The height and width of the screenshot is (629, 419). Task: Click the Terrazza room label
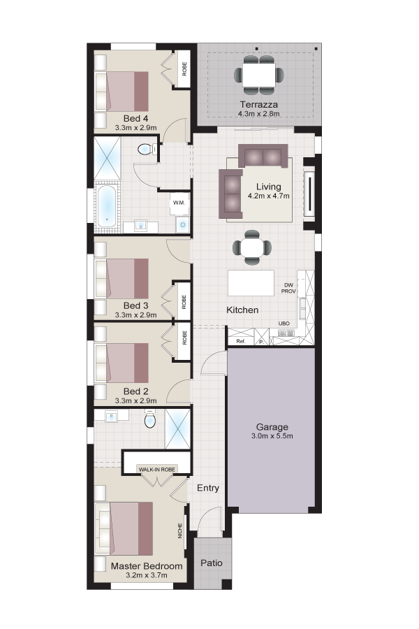tap(258, 105)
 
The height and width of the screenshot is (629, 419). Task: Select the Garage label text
tap(272, 427)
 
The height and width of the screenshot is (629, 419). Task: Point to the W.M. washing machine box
tap(179, 203)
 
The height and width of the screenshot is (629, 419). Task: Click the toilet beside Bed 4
tap(146, 150)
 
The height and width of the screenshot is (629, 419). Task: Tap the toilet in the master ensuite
tap(150, 419)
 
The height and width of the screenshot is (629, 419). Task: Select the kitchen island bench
tap(251, 283)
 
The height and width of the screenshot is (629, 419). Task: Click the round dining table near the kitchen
tap(252, 247)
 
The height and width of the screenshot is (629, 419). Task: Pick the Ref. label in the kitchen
tap(240, 341)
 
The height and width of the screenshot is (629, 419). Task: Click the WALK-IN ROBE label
tap(156, 470)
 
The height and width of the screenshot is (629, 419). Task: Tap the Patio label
tap(212, 563)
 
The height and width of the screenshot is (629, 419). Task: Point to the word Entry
tap(208, 488)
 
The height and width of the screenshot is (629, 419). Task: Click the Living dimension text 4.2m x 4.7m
tap(269, 196)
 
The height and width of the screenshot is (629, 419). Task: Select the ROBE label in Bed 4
tap(184, 68)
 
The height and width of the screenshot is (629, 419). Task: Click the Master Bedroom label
tap(147, 566)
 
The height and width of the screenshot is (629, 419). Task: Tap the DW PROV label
tap(288, 288)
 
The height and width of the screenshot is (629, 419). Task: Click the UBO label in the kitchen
tap(284, 324)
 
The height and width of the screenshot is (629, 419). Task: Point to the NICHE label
tap(180, 530)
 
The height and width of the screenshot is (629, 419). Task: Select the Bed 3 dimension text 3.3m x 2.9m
tap(136, 315)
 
